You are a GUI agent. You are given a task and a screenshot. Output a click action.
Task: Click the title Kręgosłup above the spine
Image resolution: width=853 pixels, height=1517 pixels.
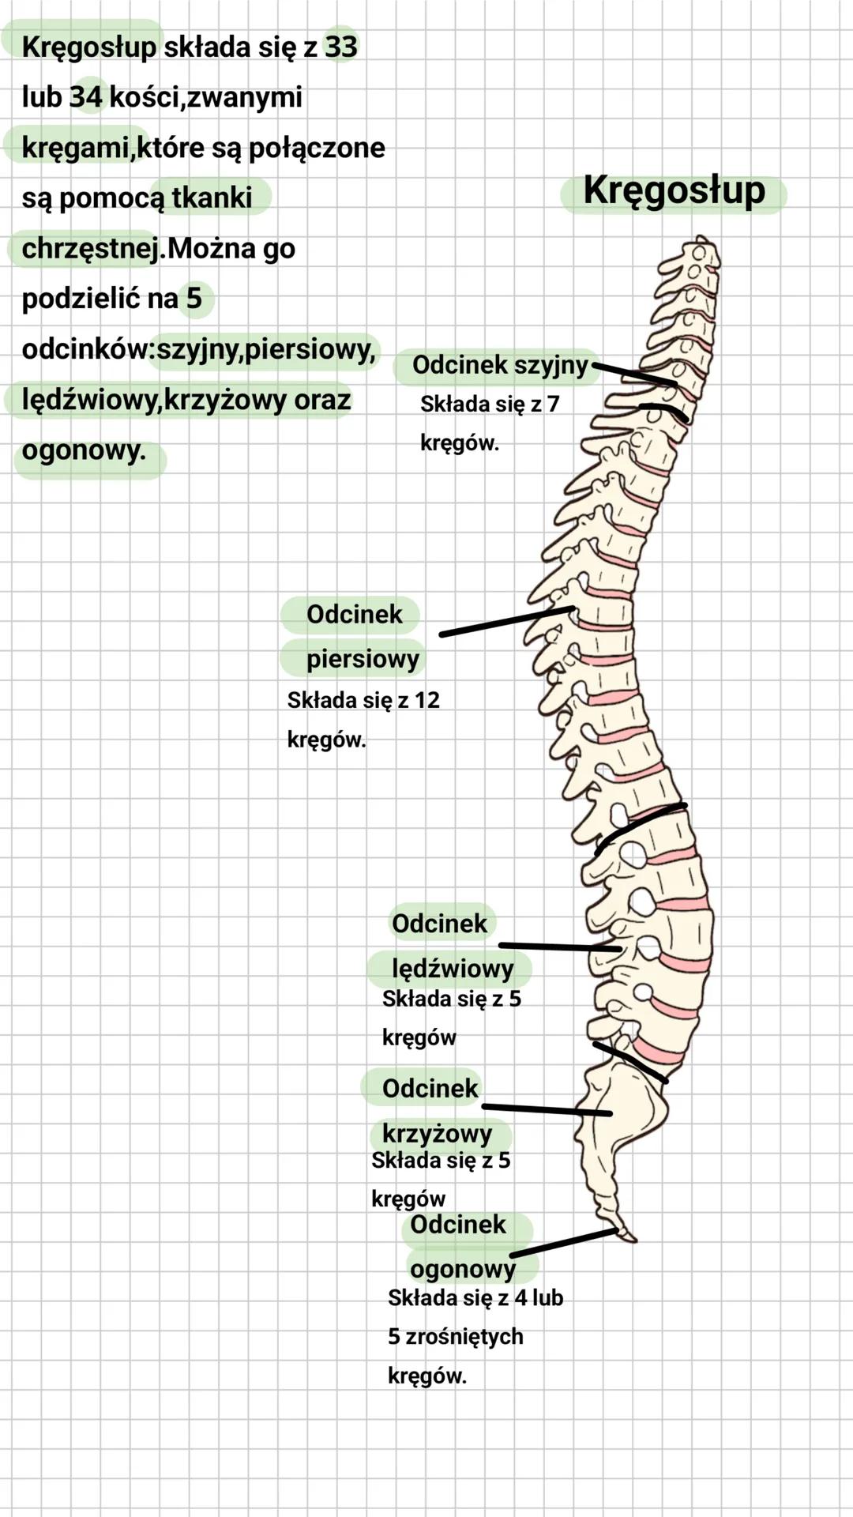[674, 192]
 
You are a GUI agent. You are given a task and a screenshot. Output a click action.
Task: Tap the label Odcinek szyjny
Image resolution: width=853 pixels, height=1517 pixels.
[500, 365]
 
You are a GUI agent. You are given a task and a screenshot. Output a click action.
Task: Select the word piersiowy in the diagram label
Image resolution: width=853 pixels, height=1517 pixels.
[363, 658]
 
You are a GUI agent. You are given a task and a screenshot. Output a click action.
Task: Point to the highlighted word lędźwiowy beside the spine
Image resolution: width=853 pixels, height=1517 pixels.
[453, 967]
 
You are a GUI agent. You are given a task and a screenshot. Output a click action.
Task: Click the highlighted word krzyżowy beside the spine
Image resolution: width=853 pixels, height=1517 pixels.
[437, 1133]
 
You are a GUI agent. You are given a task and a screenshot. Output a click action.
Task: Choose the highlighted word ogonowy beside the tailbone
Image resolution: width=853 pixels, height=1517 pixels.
[463, 1268]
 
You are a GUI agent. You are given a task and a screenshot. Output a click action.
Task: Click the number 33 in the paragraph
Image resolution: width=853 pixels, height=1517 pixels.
[341, 47]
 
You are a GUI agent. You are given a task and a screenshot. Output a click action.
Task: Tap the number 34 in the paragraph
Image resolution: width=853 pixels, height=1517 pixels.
[86, 97]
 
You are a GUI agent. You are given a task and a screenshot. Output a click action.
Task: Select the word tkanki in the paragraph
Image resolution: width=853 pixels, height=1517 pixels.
[212, 198]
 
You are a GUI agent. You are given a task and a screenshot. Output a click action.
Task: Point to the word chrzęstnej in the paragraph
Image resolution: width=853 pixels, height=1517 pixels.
[91, 249]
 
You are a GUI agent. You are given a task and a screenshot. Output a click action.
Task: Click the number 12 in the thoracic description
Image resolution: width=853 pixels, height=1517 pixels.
[426, 700]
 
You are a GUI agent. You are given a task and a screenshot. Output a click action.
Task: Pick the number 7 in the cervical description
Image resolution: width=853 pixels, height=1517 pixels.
[553, 404]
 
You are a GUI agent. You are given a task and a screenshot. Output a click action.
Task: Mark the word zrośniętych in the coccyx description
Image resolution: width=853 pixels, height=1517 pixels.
[464, 1337]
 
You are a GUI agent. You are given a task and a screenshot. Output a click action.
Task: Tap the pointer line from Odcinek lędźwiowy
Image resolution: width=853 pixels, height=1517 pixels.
[559, 947]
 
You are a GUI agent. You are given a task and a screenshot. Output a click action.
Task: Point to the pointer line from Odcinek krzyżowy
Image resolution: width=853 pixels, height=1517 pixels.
[547, 1110]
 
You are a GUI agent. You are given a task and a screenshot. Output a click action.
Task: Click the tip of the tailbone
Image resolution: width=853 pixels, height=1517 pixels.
[631, 1238]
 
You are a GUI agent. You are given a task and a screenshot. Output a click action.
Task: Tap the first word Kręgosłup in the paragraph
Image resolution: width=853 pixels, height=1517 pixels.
[89, 47]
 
